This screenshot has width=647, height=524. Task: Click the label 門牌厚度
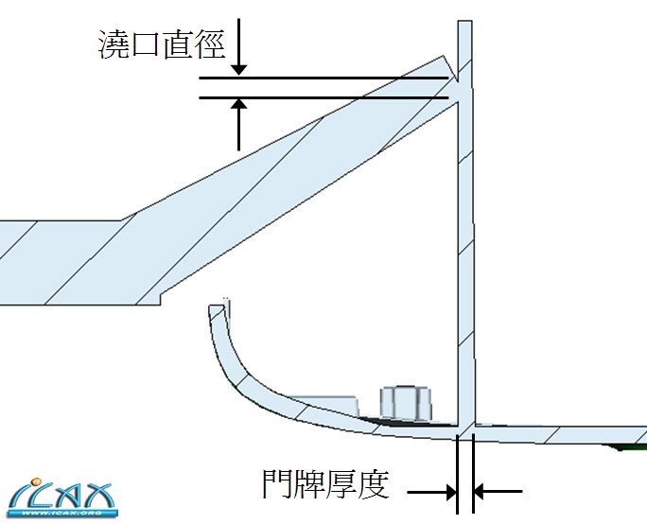pos(325,485)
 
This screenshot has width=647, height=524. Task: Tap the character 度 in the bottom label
pos(374,485)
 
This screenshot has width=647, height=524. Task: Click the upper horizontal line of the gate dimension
pos(322,79)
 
